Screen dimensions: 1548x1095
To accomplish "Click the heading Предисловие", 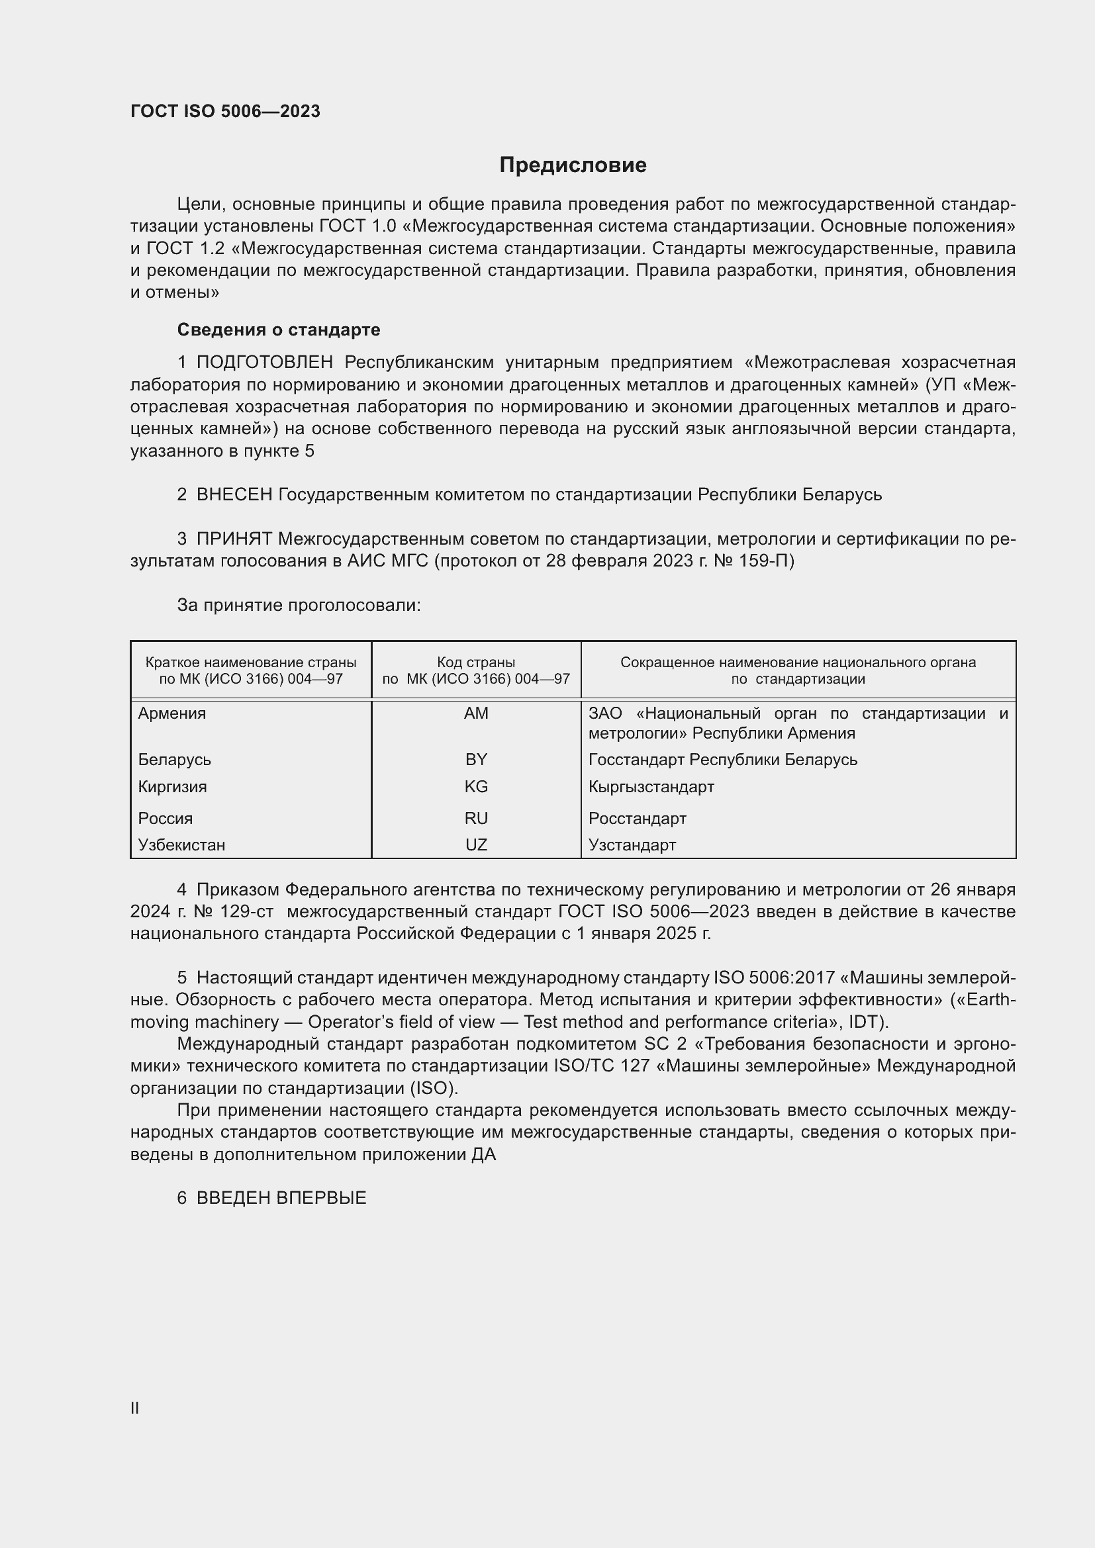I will pos(573,165).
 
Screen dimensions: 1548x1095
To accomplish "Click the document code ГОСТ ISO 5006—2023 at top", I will pos(225,111).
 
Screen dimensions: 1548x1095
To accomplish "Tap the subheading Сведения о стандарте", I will pos(279,330).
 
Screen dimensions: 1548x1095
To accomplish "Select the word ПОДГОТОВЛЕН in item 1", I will pos(264,363).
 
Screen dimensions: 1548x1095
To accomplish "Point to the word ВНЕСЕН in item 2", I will pos(234,495).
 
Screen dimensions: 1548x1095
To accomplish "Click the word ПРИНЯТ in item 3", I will pos(234,539).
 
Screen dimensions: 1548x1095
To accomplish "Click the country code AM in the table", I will pos(476,713).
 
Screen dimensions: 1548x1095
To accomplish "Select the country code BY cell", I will pos(476,760).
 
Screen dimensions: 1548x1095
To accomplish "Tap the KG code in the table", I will pos(476,787).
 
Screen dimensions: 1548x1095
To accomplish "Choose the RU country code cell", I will pos(476,819).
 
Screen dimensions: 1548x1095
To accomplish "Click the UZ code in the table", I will pos(476,844).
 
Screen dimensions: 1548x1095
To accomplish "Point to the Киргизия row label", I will pos(173,787).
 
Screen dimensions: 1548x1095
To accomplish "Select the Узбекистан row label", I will pos(181,844).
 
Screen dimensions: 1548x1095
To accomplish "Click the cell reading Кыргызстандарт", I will pos(651,787).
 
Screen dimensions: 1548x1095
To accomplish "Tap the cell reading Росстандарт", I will pos(637,819).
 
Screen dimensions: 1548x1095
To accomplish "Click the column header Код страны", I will pos(476,662).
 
